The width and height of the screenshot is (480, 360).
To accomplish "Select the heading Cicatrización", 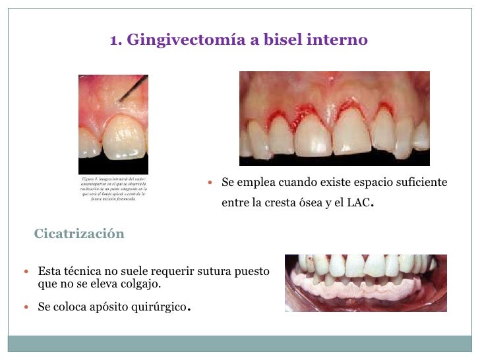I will pos(79,234).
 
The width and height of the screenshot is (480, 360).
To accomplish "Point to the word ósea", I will pos(317,203).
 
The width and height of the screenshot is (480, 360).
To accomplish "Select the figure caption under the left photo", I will pos(113,189).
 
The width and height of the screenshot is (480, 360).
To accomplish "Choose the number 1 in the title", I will pos(113,40).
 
